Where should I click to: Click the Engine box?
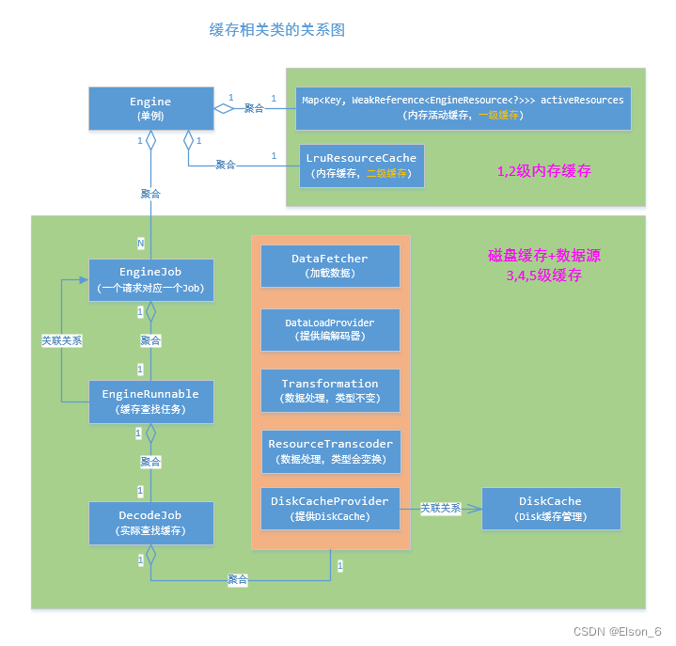(x=150, y=108)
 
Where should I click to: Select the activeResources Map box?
(x=462, y=107)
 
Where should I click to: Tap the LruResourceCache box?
(x=361, y=165)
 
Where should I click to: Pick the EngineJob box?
(x=150, y=279)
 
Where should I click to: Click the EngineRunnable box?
(x=150, y=402)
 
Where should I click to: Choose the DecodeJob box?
(x=150, y=524)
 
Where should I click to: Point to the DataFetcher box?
(x=330, y=266)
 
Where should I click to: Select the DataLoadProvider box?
(x=330, y=329)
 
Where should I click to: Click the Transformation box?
(x=330, y=391)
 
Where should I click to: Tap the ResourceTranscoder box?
(x=330, y=451)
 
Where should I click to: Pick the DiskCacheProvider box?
(x=330, y=509)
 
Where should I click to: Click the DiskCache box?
(x=550, y=509)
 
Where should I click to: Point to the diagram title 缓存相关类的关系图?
(x=277, y=30)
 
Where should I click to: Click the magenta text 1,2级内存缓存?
(x=543, y=172)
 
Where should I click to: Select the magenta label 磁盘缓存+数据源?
(x=543, y=255)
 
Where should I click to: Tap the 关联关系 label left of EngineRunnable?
(x=62, y=341)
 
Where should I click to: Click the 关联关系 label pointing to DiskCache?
(x=440, y=508)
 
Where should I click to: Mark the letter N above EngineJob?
(x=141, y=244)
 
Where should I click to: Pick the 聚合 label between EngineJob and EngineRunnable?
(x=150, y=339)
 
